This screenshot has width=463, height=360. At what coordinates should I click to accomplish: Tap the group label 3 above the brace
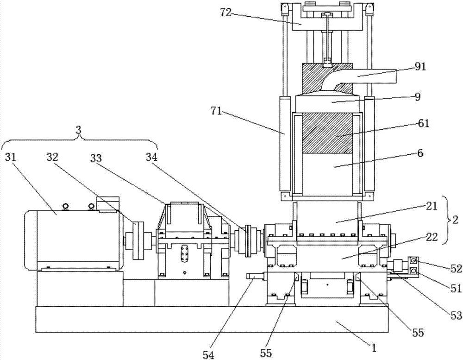tap(78, 131)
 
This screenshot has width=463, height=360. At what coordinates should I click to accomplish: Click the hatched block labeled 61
tap(326, 133)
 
